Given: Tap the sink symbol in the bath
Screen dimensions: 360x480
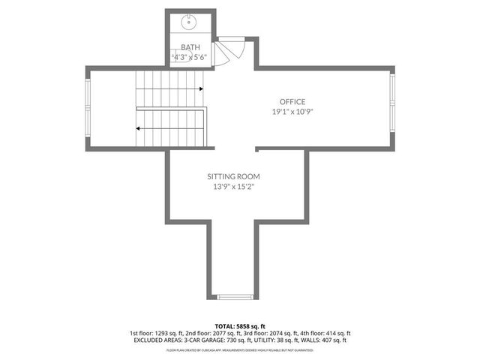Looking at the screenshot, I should tap(187, 22).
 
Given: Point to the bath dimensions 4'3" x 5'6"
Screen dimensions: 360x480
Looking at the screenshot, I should tap(190, 56).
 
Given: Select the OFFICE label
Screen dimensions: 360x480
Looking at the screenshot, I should tap(292, 101).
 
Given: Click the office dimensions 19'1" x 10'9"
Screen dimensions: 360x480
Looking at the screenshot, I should tap(292, 112).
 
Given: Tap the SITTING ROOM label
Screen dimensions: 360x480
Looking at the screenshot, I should tap(234, 176).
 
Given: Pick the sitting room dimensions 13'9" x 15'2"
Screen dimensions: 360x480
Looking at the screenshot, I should tap(234, 187).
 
